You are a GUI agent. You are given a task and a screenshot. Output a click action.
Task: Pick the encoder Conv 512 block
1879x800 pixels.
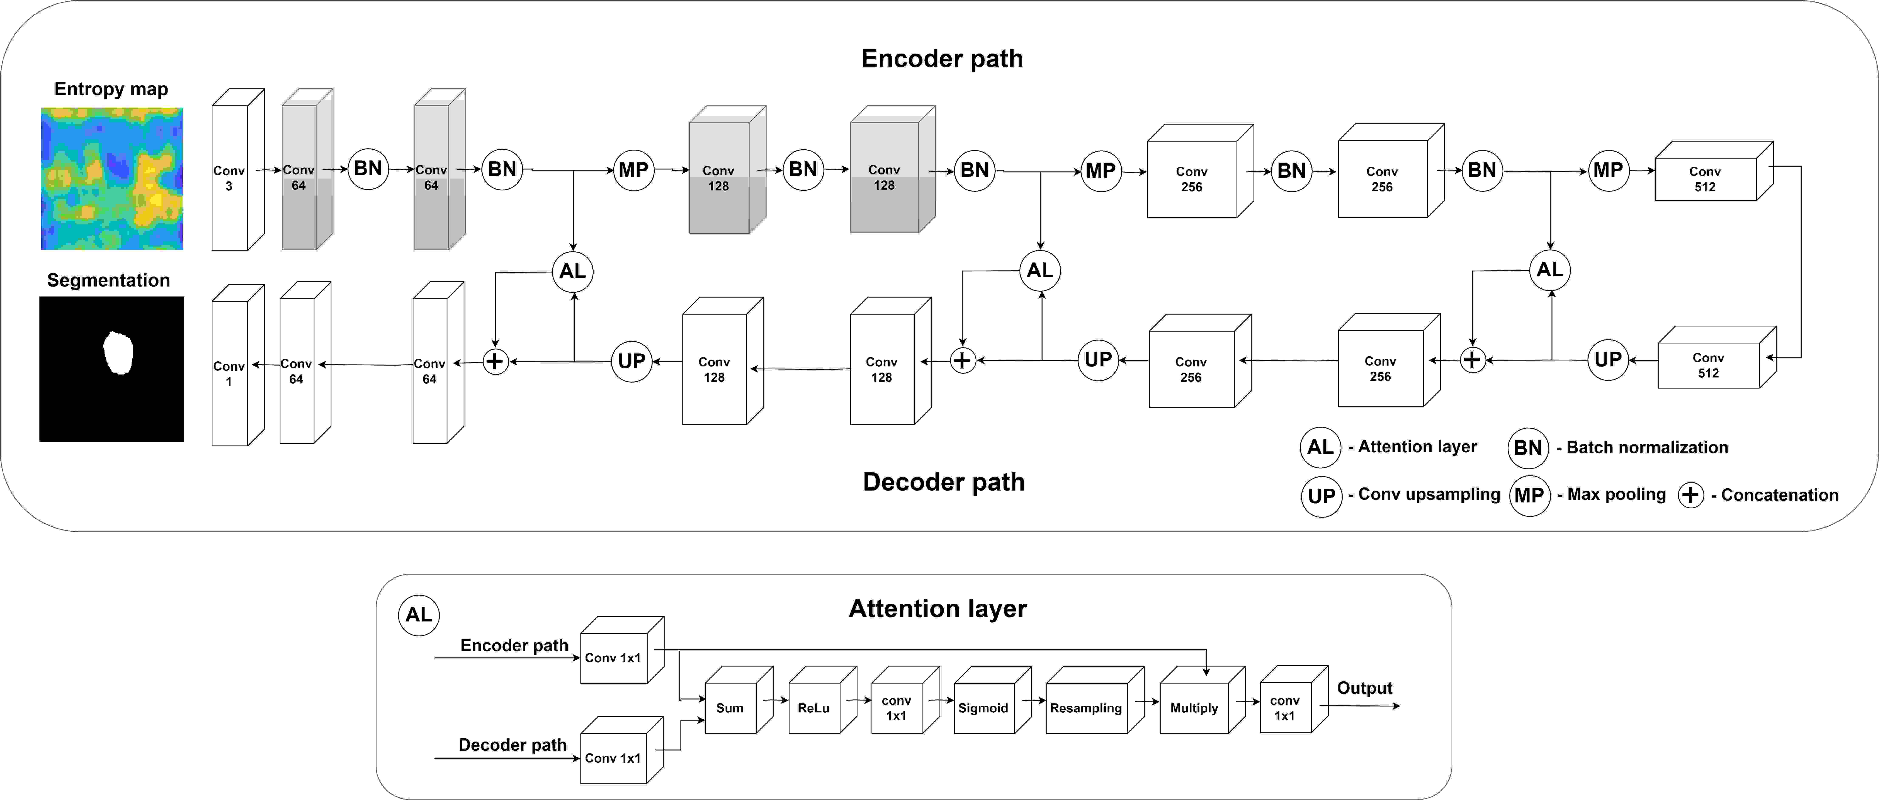click(x=1713, y=171)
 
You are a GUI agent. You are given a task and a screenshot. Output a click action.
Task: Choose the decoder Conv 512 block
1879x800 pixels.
click(x=1716, y=357)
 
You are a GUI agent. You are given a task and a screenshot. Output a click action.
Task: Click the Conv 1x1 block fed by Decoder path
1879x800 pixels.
click(x=621, y=750)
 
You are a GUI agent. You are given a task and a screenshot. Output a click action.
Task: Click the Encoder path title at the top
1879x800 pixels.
click(x=942, y=58)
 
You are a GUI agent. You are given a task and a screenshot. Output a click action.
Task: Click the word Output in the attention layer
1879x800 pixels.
click(x=1364, y=688)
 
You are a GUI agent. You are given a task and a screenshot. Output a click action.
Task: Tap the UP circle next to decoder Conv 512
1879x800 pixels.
click(x=1608, y=360)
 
